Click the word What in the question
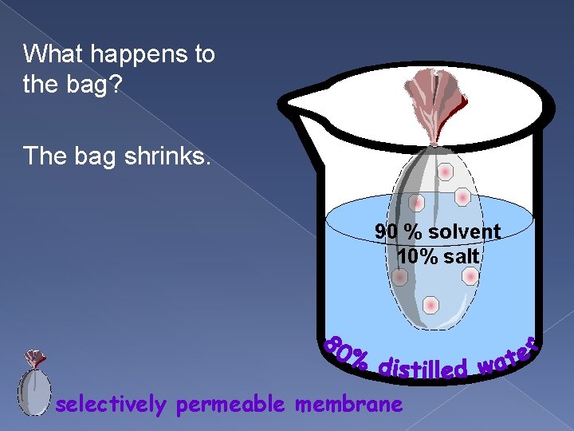coord(49,54)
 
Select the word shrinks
coord(172,156)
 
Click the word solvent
coord(464,231)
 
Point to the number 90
coord(387,231)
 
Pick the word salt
coord(462,256)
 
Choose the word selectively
coord(111,405)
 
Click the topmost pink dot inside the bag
coord(446,172)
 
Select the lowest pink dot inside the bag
coord(431,305)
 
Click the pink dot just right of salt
coord(470,276)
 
